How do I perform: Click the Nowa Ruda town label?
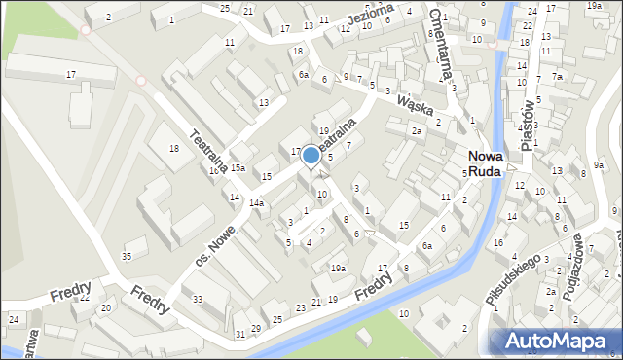pyautogui.click(x=485, y=162)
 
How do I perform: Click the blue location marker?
pyautogui.click(x=311, y=155)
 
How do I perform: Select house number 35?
pyautogui.click(x=127, y=256)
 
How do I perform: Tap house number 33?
pyautogui.click(x=198, y=299)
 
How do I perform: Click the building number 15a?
pyautogui.click(x=238, y=168)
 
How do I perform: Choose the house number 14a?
pyautogui.click(x=256, y=202)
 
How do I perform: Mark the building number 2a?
pyautogui.click(x=416, y=130)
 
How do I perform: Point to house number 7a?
pyautogui.click(x=557, y=76)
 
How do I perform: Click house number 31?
pyautogui.click(x=240, y=334)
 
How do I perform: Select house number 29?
pyautogui.click(x=256, y=328)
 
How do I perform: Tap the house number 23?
pyautogui.click(x=301, y=307)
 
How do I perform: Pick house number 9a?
pyautogui.click(x=598, y=165)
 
